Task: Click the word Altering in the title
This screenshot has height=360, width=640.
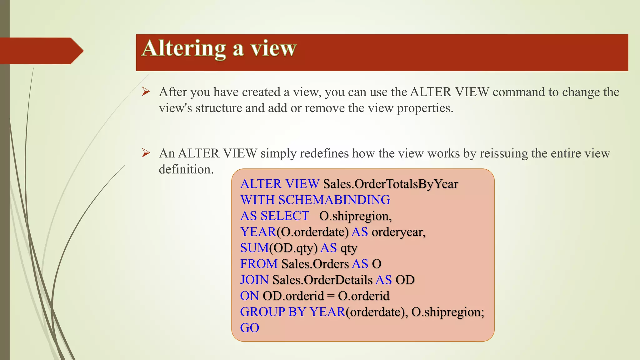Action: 184,48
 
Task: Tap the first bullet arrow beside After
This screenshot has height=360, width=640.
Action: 146,92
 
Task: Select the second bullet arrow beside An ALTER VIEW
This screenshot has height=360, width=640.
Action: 146,153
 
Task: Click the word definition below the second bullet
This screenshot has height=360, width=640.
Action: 186,169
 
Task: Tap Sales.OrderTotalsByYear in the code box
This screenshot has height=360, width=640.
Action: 390,184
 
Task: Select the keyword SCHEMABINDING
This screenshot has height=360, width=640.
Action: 334,200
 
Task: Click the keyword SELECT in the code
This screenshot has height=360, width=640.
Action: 285,216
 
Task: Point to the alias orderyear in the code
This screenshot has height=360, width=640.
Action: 398,232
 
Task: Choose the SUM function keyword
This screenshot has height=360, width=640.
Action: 254,248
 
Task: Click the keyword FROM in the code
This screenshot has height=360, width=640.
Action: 259,264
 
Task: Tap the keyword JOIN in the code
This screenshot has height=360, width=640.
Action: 254,280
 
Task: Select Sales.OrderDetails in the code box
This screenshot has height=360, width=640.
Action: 322,280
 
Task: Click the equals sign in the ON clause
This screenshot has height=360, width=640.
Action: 331,296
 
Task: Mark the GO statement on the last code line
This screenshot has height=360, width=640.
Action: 249,328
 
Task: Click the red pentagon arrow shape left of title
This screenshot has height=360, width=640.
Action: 41,51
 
